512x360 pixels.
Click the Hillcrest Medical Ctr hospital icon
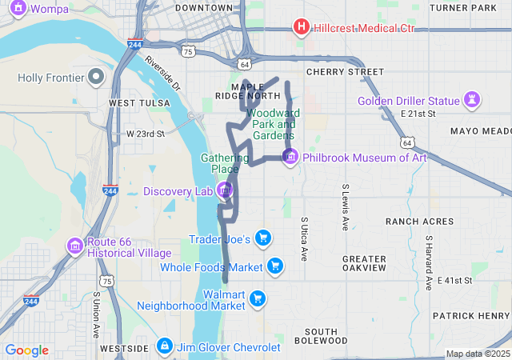point(302,28)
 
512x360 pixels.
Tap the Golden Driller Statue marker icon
point(473,101)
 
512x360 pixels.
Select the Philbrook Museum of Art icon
point(290,157)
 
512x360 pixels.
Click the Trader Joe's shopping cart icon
point(263,238)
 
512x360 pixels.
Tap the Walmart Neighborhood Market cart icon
point(257,299)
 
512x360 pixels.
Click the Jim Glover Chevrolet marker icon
point(164,346)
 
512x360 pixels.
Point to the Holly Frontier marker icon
point(97,78)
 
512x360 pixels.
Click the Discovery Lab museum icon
point(225,190)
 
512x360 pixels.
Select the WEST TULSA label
point(139,103)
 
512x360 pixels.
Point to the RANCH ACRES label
point(419,222)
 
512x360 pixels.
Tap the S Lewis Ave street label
point(346,208)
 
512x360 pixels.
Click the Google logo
point(27,350)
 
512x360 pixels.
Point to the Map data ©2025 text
point(477,354)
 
